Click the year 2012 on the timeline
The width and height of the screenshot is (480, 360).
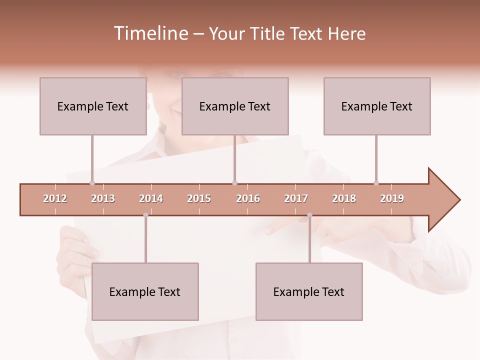pyautogui.click(x=55, y=198)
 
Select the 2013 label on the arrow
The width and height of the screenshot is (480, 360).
pyautogui.click(x=103, y=198)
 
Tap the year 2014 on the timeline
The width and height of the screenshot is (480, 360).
pyautogui.click(x=151, y=198)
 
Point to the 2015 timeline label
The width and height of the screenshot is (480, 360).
pyautogui.click(x=199, y=198)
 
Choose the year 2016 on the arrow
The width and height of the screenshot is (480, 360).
pyautogui.click(x=248, y=198)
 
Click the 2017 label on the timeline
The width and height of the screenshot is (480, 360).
pyautogui.click(x=296, y=198)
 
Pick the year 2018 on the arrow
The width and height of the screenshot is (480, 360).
pyautogui.click(x=344, y=198)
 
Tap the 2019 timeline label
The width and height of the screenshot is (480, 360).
pyautogui.click(x=392, y=198)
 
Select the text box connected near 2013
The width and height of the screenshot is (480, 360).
pyautogui.click(x=93, y=106)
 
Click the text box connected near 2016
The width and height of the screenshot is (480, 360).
pyautogui.click(x=235, y=106)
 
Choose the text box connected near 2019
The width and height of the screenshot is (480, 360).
pyautogui.click(x=377, y=106)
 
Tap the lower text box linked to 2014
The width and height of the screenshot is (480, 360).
pyautogui.click(x=145, y=291)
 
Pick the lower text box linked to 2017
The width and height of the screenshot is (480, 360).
pyautogui.click(x=309, y=291)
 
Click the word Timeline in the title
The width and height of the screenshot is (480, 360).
pyautogui.click(x=150, y=33)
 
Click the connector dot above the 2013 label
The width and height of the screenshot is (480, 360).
pyautogui.click(x=92, y=183)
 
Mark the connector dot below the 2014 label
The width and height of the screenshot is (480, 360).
pyautogui.click(x=145, y=215)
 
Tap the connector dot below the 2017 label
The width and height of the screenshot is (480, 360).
pyautogui.click(x=309, y=215)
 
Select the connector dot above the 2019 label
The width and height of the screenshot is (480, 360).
pyautogui.click(x=376, y=183)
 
